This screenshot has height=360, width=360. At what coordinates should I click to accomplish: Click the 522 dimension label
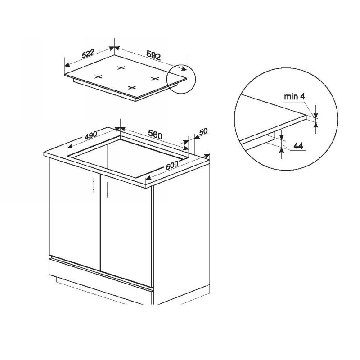click(x=88, y=54)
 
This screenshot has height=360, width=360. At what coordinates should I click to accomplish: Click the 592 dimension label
click(x=153, y=55)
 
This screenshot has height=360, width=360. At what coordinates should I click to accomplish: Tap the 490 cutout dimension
click(x=91, y=135)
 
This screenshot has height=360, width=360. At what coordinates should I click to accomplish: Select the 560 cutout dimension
click(x=155, y=135)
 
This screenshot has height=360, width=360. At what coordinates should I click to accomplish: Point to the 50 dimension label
click(x=203, y=131)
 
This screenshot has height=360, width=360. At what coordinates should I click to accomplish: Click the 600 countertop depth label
click(x=172, y=165)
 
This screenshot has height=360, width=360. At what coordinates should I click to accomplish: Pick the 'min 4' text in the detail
click(x=295, y=97)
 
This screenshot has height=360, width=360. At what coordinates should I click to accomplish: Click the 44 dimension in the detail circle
click(x=298, y=145)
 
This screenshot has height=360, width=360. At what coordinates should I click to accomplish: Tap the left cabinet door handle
click(x=93, y=185)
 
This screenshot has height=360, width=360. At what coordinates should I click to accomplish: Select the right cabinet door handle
click(x=107, y=189)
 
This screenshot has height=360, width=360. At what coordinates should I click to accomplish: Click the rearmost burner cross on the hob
click(x=121, y=68)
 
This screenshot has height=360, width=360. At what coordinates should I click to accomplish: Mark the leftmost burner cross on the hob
click(x=98, y=77)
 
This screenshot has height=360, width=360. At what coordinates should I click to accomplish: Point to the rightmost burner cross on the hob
click(x=155, y=79)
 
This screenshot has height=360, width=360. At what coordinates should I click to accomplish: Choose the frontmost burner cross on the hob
click(x=132, y=87)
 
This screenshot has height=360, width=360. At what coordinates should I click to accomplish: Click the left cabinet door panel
click(x=75, y=213)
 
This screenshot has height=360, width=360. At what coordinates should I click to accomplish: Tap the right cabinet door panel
click(x=126, y=229)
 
